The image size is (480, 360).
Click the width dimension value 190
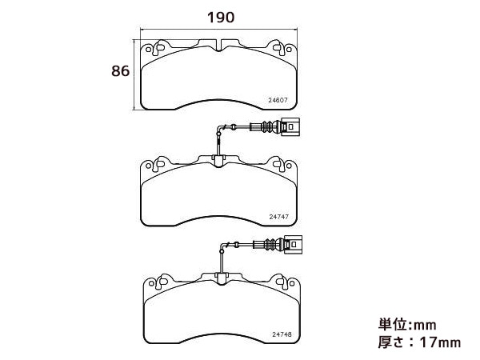coord(221,18)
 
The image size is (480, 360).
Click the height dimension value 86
coord(120,71)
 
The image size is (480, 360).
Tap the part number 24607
coord(278,100)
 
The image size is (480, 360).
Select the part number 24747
coord(279,217)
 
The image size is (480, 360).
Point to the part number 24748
coord(282,334)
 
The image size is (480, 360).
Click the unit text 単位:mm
coord(407,325)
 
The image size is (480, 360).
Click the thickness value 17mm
coord(440,342)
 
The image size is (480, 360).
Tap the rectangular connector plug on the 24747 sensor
coord(290,126)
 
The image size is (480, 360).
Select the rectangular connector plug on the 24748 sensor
coord(293,245)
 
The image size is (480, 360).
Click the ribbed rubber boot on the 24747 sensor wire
coord(269,126)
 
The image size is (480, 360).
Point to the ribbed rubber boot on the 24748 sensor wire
coord(271,245)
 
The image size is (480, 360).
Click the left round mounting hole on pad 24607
coord(148,50)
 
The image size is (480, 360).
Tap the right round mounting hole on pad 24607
coord(288,49)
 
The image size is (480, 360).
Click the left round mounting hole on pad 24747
coord(148,166)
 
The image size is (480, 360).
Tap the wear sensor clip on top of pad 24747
coord(218,161)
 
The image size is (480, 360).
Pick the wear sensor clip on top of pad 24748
coord(221,278)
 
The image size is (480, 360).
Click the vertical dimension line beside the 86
coord(134,74)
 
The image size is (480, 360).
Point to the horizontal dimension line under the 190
coord(218,30)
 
